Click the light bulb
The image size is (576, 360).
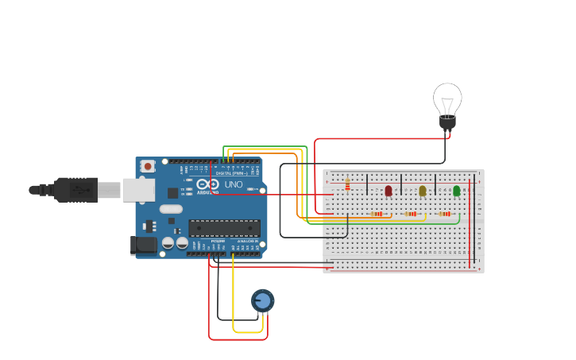coord(447,100)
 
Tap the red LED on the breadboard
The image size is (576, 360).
coord(389,191)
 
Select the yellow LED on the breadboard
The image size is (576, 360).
coord(423,191)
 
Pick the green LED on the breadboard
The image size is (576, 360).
coord(457,191)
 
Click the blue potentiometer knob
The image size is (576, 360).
coord(263,300)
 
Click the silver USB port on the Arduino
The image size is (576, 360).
coord(138,189)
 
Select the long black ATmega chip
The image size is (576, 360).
coord(224,228)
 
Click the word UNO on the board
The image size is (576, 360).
coord(234,185)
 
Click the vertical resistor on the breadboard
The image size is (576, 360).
coord(347,185)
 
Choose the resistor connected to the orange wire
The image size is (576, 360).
coord(377,214)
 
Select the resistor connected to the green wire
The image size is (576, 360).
coord(445,214)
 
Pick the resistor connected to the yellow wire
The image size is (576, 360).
coord(411,214)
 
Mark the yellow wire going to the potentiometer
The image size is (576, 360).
coord(233,302)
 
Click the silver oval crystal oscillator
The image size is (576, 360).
coord(171,209)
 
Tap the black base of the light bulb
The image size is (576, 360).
coord(447,122)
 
